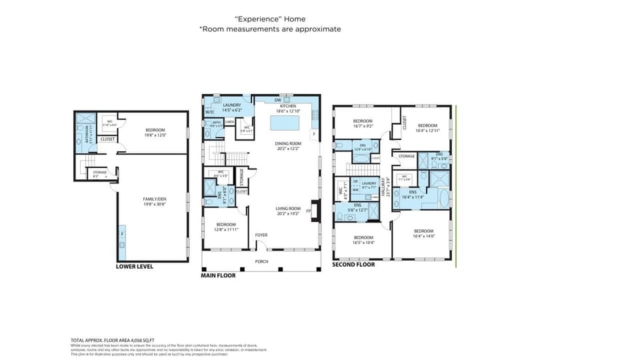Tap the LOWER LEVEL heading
click(134, 267)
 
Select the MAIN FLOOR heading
click(218, 274)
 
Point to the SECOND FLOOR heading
click(353, 265)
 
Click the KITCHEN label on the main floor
click(287, 106)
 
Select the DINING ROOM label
click(288, 143)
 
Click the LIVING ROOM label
click(288, 209)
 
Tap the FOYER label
click(261, 235)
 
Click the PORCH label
click(262, 261)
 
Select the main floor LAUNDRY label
click(231, 105)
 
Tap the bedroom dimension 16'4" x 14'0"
click(423, 236)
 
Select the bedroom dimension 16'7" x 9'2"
click(363, 125)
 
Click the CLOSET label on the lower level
click(107, 139)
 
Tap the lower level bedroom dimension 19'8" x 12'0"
click(155, 135)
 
